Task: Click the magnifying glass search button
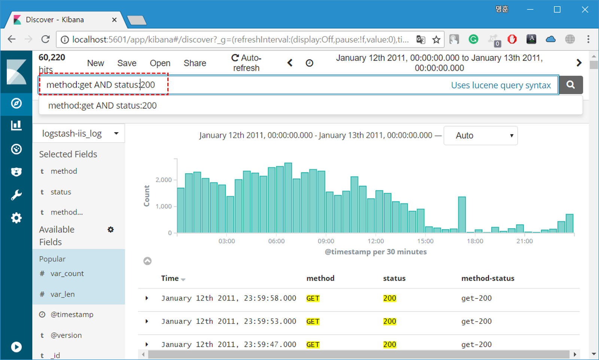click(571, 85)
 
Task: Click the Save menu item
click(127, 63)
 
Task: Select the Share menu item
click(195, 63)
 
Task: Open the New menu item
click(95, 63)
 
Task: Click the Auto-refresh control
click(246, 63)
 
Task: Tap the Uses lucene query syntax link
click(501, 85)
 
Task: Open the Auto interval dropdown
click(480, 135)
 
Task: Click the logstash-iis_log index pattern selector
click(79, 134)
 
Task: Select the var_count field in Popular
click(67, 274)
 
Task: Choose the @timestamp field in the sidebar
click(72, 314)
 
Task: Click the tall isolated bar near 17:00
click(462, 214)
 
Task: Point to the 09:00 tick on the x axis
click(326, 241)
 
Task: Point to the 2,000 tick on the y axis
click(164, 180)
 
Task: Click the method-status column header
click(487, 278)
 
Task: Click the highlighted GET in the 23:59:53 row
click(313, 321)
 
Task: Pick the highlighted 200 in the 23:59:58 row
click(389, 298)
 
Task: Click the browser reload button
click(45, 39)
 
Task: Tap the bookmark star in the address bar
click(436, 40)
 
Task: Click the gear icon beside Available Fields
click(110, 230)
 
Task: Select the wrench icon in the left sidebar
click(16, 195)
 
